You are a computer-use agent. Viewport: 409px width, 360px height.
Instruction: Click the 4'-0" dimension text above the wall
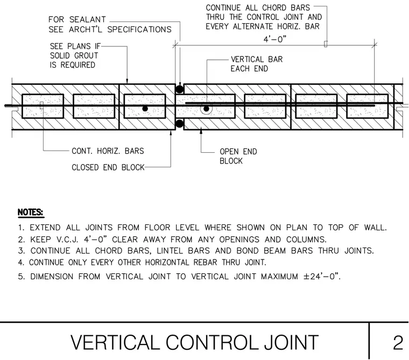click(274, 39)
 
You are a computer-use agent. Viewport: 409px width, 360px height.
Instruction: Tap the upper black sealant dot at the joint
click(179, 89)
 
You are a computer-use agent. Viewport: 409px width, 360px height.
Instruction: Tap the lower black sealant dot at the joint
click(179, 123)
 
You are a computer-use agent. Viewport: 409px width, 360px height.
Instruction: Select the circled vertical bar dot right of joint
click(206, 109)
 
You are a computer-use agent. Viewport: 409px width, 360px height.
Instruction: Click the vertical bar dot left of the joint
click(145, 109)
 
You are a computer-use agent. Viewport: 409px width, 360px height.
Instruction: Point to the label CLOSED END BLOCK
click(108, 167)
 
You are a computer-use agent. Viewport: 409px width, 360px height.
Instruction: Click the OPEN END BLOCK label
click(238, 156)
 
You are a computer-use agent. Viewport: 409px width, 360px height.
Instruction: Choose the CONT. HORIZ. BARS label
click(108, 151)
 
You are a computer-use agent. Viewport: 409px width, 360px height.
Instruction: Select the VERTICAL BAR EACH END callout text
click(257, 64)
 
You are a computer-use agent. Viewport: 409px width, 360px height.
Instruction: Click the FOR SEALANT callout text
click(77, 19)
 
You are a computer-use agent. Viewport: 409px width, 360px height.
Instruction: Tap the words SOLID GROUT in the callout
click(74, 55)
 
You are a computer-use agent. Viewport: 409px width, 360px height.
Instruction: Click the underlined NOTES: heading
click(31, 213)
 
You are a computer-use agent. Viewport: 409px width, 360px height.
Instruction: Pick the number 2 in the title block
click(398, 343)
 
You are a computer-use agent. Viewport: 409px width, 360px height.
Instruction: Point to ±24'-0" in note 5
click(322, 276)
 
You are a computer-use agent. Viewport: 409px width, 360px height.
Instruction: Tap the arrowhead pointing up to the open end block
click(201, 132)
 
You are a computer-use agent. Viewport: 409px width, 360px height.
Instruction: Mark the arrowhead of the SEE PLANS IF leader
click(128, 81)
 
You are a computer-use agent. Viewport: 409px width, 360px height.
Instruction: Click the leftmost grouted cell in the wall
click(43, 106)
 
